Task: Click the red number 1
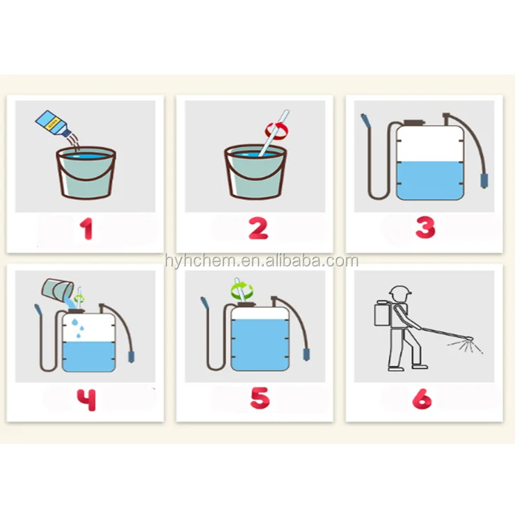[x=86, y=229]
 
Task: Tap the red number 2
[x=258, y=228]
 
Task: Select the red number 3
[x=425, y=228]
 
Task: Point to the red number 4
[x=86, y=400]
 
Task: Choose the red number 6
[x=422, y=399]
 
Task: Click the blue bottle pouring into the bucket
[x=54, y=123]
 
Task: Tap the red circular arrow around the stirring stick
[x=276, y=130]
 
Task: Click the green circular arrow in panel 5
[x=242, y=290]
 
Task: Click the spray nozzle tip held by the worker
[x=470, y=339]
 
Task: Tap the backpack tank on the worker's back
[x=382, y=314]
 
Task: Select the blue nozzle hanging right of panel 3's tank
[x=484, y=181]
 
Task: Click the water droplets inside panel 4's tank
[x=78, y=328]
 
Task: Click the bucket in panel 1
[x=86, y=172]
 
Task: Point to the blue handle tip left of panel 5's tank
[x=205, y=303]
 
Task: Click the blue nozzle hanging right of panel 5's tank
[x=306, y=354]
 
